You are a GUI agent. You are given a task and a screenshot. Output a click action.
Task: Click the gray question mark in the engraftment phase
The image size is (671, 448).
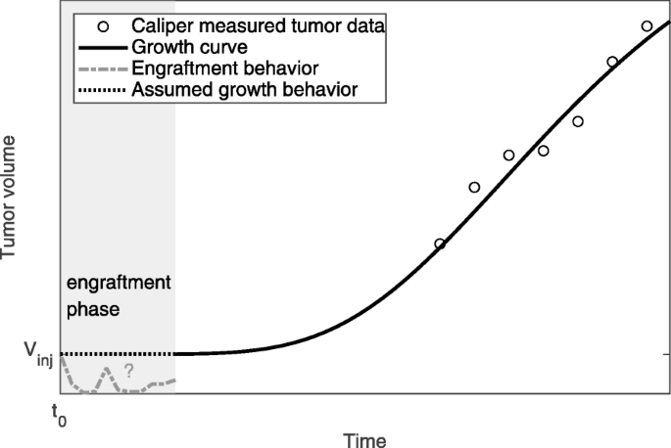pos(127,371)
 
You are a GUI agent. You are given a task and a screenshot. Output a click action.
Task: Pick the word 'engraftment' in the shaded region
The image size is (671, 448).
pos(118,283)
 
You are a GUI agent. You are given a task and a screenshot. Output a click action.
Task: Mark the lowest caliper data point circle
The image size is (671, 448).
pos(440,244)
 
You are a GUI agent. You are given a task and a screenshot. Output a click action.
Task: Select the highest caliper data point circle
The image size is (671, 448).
pos(647,26)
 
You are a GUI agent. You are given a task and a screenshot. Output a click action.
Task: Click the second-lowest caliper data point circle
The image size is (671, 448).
pos(474,188)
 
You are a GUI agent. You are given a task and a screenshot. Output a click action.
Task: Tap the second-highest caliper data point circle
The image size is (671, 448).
pos(612,62)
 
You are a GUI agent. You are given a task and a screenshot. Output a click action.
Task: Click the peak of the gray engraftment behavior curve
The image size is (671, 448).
pos(110,370)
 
